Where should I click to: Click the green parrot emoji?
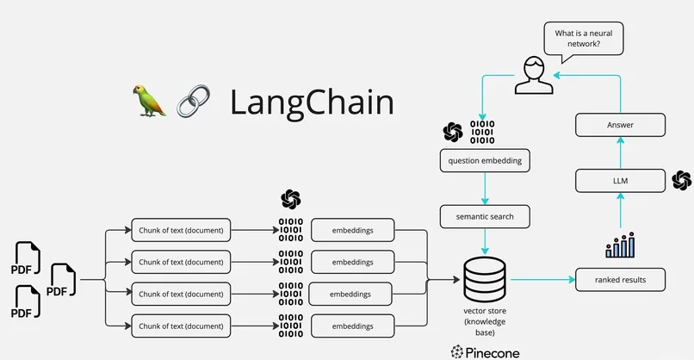[149, 101]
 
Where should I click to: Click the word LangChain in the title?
[311, 102]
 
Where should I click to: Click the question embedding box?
[485, 160]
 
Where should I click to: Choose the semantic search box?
[485, 216]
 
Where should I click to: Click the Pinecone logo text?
[485, 351]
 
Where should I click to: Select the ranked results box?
[620, 280]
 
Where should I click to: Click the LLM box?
[620, 180]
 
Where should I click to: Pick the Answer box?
[620, 126]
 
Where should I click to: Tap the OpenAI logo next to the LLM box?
[681, 180]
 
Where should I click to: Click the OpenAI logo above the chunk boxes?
[291, 199]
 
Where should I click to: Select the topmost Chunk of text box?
[181, 230]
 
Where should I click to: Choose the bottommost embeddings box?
[352, 326]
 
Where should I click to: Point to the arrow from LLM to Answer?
[620, 153]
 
